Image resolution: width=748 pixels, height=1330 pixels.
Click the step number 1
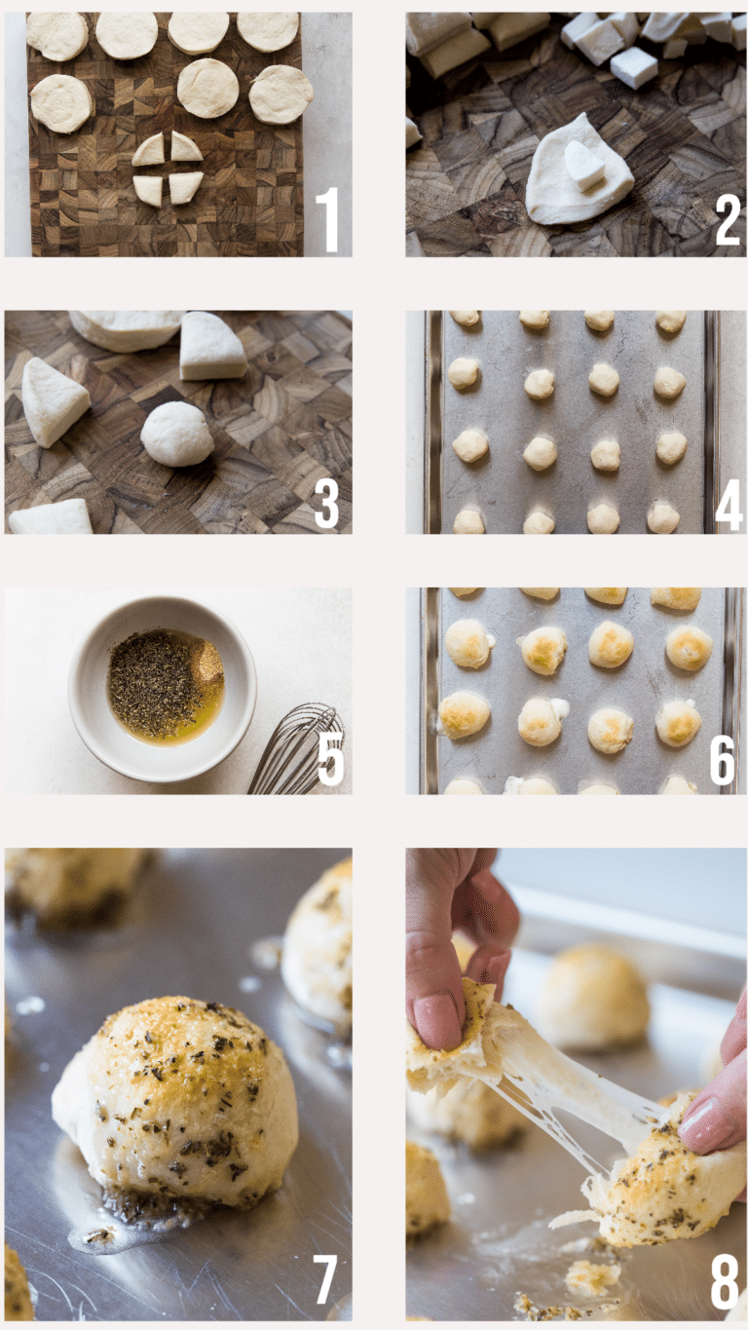(327, 219)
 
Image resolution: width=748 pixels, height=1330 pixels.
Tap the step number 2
(728, 219)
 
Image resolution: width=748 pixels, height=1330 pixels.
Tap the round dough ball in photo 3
(174, 434)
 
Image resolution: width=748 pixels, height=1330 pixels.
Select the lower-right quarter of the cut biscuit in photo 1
(186, 189)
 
